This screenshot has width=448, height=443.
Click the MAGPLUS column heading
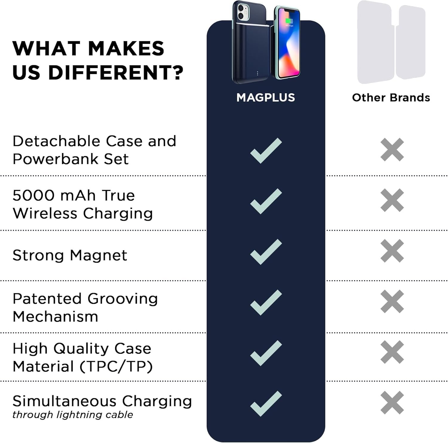point(266,98)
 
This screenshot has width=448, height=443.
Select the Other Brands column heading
point(391,98)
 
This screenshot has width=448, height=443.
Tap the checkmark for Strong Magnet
point(266,252)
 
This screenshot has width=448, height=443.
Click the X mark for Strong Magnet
point(392,251)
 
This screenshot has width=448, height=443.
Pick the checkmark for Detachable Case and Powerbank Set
point(266,151)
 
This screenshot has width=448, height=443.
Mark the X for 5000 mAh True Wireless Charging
point(392,200)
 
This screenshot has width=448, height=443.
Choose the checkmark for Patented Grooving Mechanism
point(266,302)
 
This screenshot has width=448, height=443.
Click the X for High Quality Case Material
point(392,352)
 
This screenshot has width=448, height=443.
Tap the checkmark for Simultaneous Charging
point(266,404)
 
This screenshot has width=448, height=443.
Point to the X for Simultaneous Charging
point(392,403)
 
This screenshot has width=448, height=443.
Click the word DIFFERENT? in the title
point(116,73)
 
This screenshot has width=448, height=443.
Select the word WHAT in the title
point(46,48)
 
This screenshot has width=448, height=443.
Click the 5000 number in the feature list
point(33,195)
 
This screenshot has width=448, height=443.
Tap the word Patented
point(47,299)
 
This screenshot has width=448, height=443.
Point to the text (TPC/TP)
point(116,366)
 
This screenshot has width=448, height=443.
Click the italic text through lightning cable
point(73,415)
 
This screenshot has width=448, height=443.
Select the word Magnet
point(98,256)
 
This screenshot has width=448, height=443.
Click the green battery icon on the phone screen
point(289,21)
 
